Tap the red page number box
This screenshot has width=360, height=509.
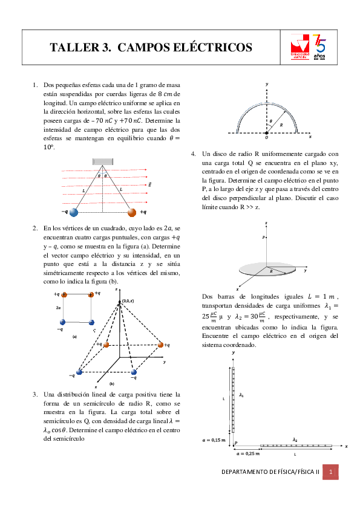331,472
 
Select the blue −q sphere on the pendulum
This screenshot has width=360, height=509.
74,212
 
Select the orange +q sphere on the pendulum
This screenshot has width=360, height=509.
133,212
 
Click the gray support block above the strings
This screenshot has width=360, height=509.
102,161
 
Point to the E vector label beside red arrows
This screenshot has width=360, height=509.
149,184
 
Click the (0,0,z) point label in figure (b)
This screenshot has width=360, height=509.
128,300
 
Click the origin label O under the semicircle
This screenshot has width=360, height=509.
267,137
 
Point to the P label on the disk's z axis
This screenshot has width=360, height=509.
263,238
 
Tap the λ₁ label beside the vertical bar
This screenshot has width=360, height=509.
241,395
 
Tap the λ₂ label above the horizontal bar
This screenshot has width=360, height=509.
295,439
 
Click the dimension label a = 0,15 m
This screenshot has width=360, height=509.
214,440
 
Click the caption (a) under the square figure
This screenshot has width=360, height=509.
74,336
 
